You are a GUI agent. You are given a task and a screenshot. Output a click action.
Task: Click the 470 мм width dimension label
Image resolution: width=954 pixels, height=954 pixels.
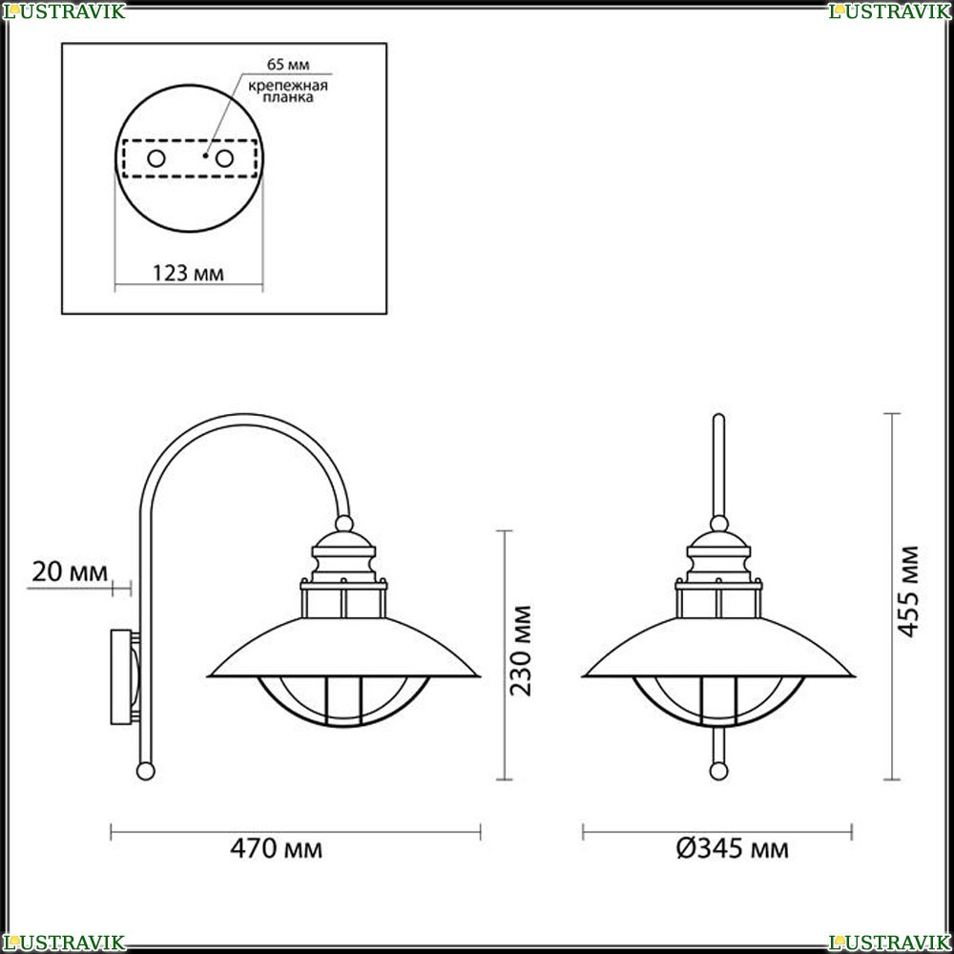(x=277, y=848)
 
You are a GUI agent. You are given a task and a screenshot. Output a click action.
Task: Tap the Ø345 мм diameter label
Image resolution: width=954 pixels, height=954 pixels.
(x=733, y=848)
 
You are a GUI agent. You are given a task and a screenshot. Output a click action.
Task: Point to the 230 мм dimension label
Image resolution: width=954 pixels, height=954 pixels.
(x=521, y=651)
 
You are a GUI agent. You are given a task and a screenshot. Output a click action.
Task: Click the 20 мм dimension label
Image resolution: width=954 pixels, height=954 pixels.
(x=70, y=571)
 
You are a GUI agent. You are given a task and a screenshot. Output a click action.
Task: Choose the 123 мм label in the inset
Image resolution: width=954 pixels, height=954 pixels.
(x=188, y=273)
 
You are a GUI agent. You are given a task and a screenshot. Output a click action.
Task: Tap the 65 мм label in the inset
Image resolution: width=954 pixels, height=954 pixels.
(x=288, y=64)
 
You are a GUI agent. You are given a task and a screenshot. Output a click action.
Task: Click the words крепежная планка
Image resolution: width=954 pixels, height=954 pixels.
(x=288, y=91)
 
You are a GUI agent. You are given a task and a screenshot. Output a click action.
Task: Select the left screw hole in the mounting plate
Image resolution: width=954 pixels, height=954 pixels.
(x=156, y=158)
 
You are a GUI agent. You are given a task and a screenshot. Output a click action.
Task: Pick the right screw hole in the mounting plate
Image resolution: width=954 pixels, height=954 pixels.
(x=224, y=158)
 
